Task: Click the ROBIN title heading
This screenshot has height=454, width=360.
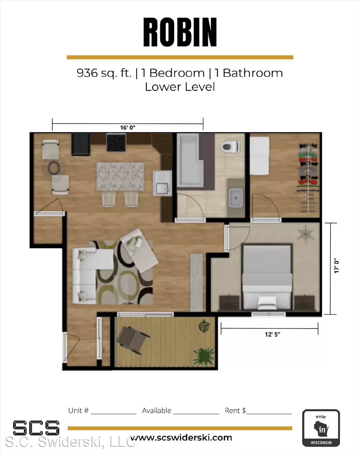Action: point(180,32)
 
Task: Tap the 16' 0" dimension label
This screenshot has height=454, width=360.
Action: point(128,128)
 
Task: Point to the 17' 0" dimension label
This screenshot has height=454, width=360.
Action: point(336,266)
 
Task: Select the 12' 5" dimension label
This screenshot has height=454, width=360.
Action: point(272,334)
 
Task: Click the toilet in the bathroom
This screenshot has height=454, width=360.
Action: point(230,147)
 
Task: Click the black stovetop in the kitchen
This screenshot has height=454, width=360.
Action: point(116,142)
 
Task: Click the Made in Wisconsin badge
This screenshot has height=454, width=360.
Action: point(321,428)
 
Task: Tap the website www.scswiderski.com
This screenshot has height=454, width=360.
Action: point(181,438)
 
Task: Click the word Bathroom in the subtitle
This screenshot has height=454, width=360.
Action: point(253,73)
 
